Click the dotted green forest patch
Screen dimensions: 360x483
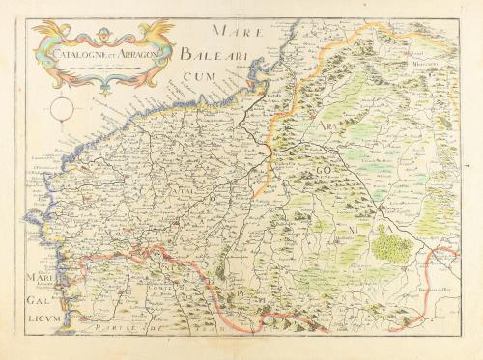tap(391, 245)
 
